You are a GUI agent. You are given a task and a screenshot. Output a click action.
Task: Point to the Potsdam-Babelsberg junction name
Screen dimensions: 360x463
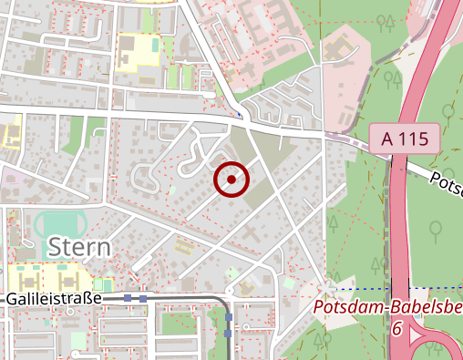386,309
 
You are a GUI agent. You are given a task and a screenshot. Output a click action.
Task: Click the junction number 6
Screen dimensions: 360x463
396,328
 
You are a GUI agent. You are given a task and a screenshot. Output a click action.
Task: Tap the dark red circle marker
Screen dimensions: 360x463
231,180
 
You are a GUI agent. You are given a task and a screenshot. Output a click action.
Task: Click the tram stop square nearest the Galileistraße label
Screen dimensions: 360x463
129,297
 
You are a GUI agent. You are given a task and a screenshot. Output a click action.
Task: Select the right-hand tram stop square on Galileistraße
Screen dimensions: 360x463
143,297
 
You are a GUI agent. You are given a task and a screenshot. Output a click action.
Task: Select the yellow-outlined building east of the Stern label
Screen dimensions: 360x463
183,244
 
